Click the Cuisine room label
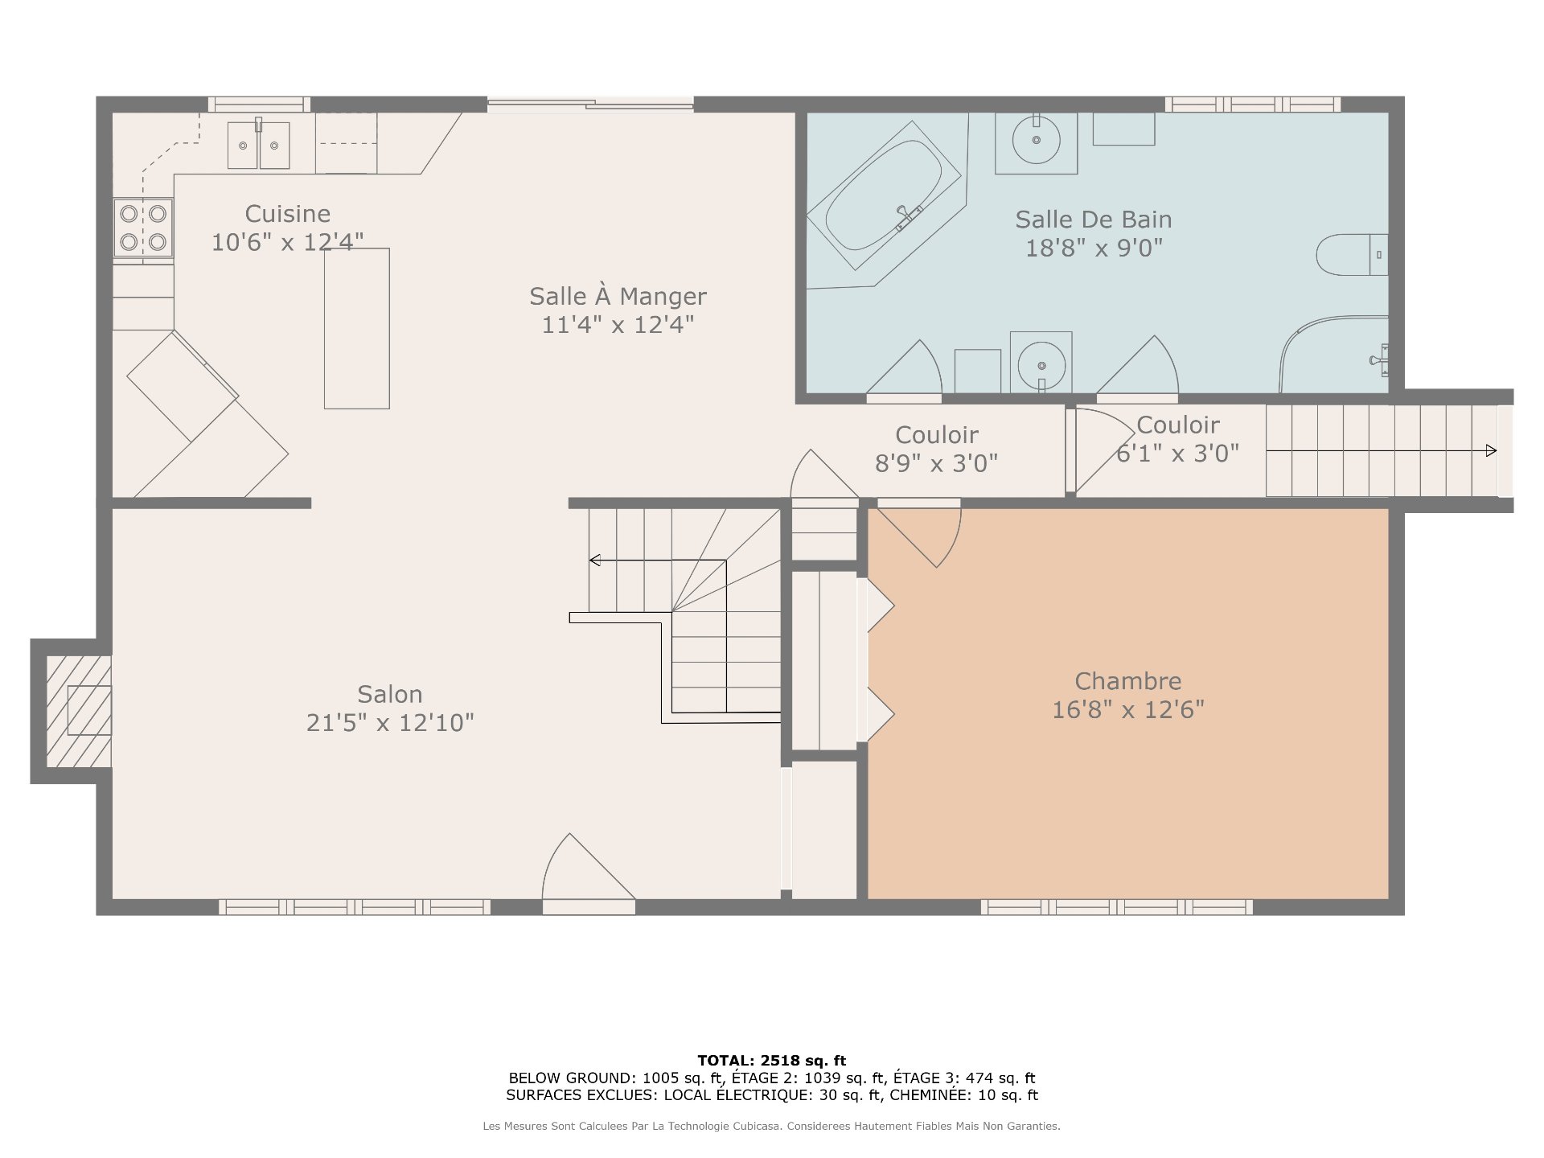[x=288, y=214]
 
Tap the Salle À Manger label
[x=618, y=296]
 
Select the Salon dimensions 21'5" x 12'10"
[x=390, y=723]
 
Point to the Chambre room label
[x=1128, y=681]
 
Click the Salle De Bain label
[x=1094, y=219]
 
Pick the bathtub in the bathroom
[x=884, y=196]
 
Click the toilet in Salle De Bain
[x=1352, y=255]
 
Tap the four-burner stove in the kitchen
[x=143, y=227]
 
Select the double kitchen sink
[x=258, y=145]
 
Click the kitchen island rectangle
[x=357, y=328]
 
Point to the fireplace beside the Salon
[x=78, y=711]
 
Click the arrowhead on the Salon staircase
[x=595, y=561]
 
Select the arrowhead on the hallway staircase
[x=1491, y=450]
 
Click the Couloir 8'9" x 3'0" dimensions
[x=936, y=463]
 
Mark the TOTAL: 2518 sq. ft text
[x=771, y=1061]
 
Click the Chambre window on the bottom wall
[x=1117, y=907]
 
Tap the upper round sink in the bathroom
[x=1036, y=140]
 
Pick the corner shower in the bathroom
[x=1334, y=355]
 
